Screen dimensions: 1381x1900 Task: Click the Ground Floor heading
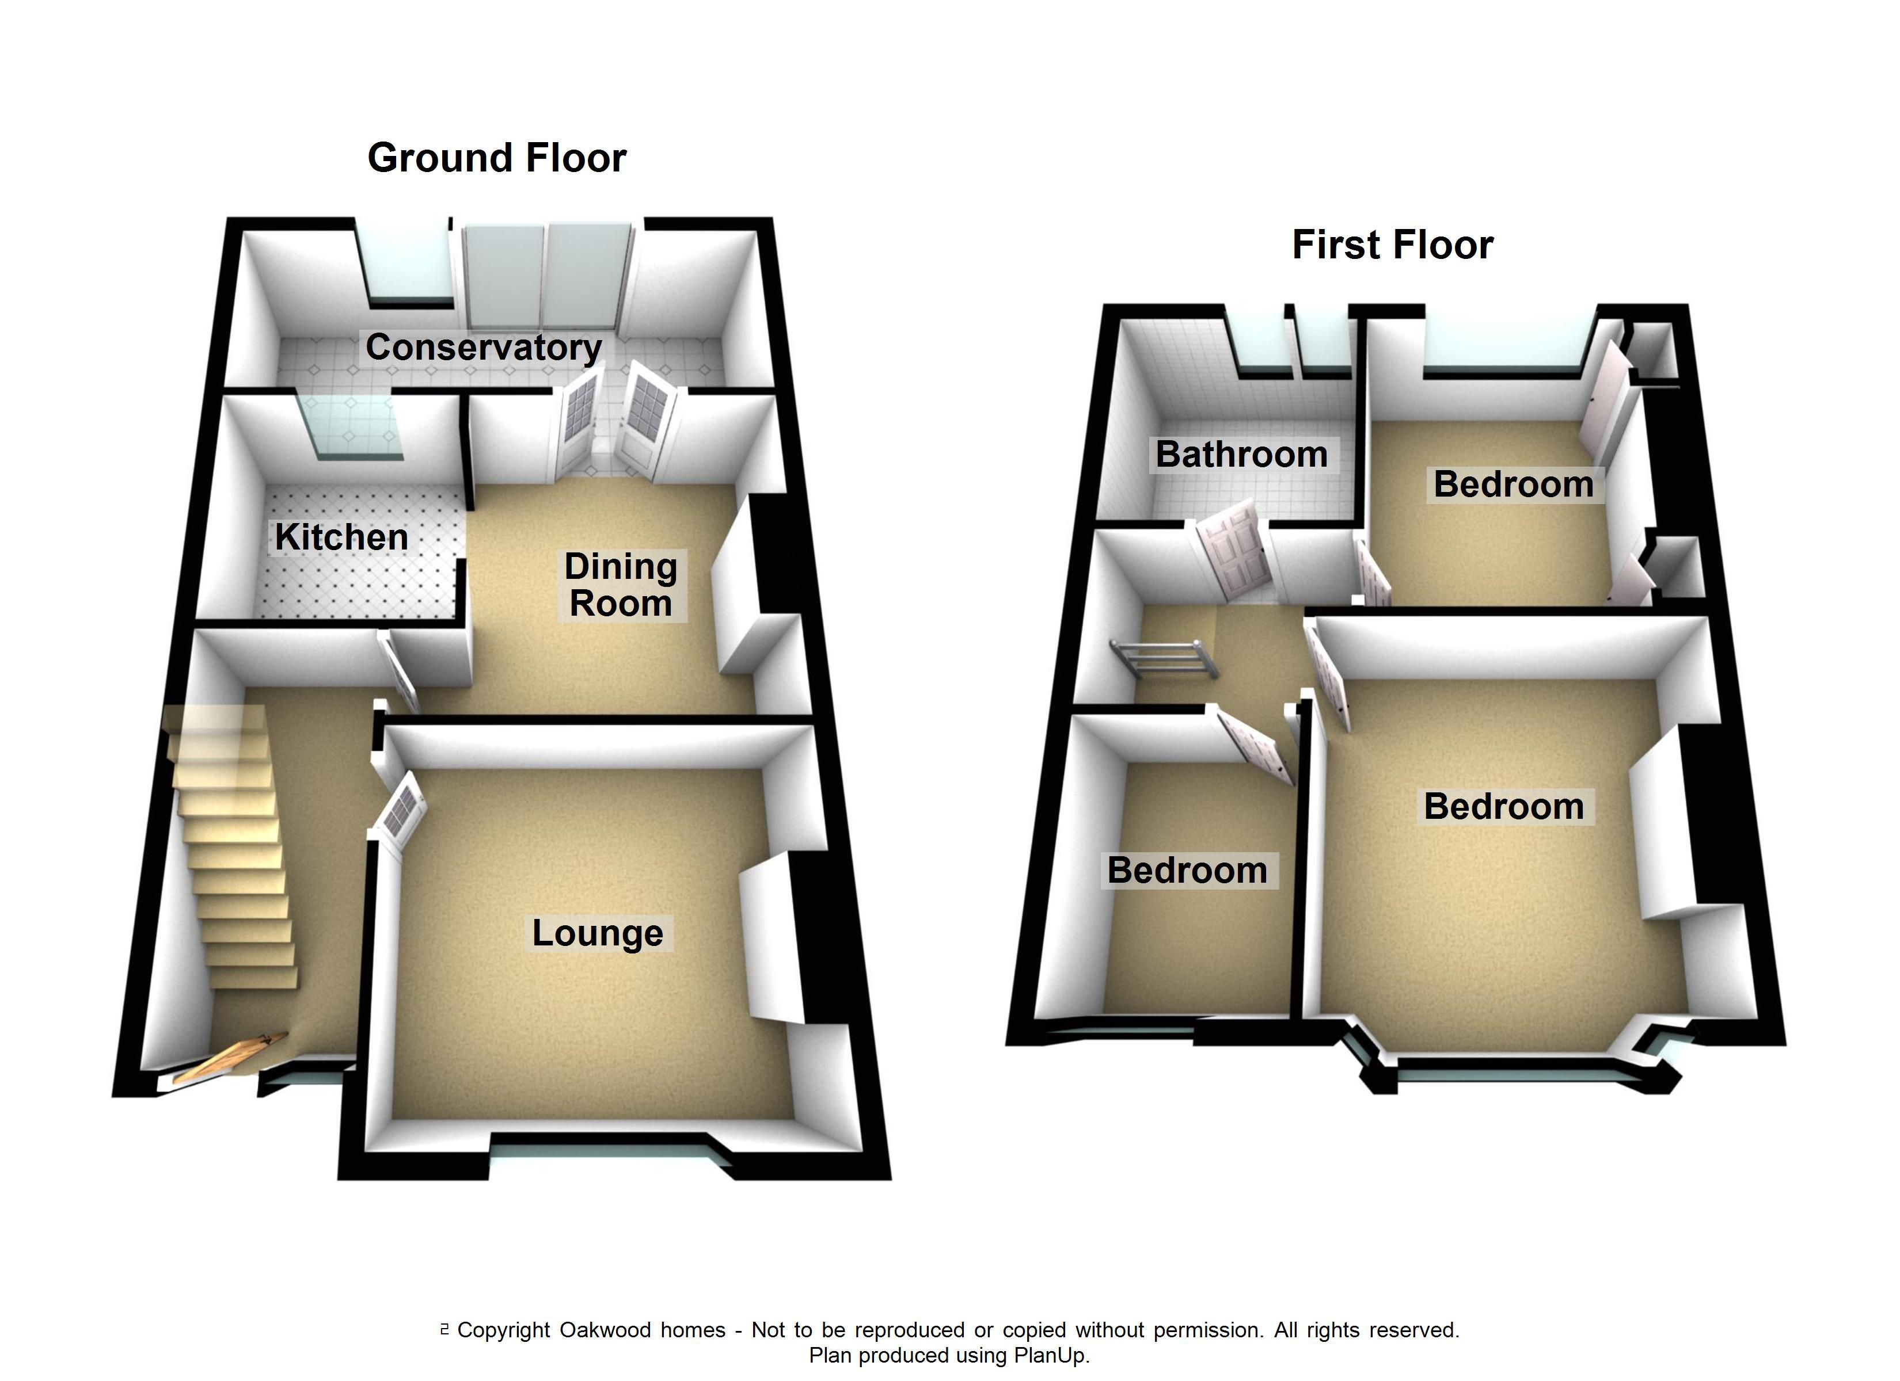[497, 158]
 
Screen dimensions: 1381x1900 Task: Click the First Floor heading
[1392, 245]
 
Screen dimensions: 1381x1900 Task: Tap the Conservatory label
[484, 347]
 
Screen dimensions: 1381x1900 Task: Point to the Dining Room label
[621, 585]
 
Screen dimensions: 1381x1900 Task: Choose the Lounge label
[597, 933]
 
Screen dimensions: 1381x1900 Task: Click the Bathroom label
[1241, 455]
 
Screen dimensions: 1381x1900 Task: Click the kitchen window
[352, 427]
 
